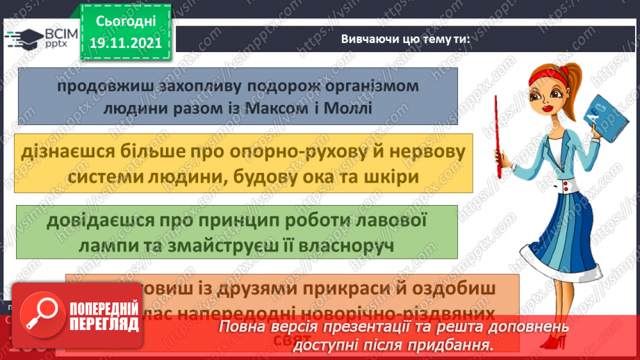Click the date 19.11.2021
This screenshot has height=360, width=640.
(x=126, y=42)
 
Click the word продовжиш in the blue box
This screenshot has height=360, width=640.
(x=99, y=87)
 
